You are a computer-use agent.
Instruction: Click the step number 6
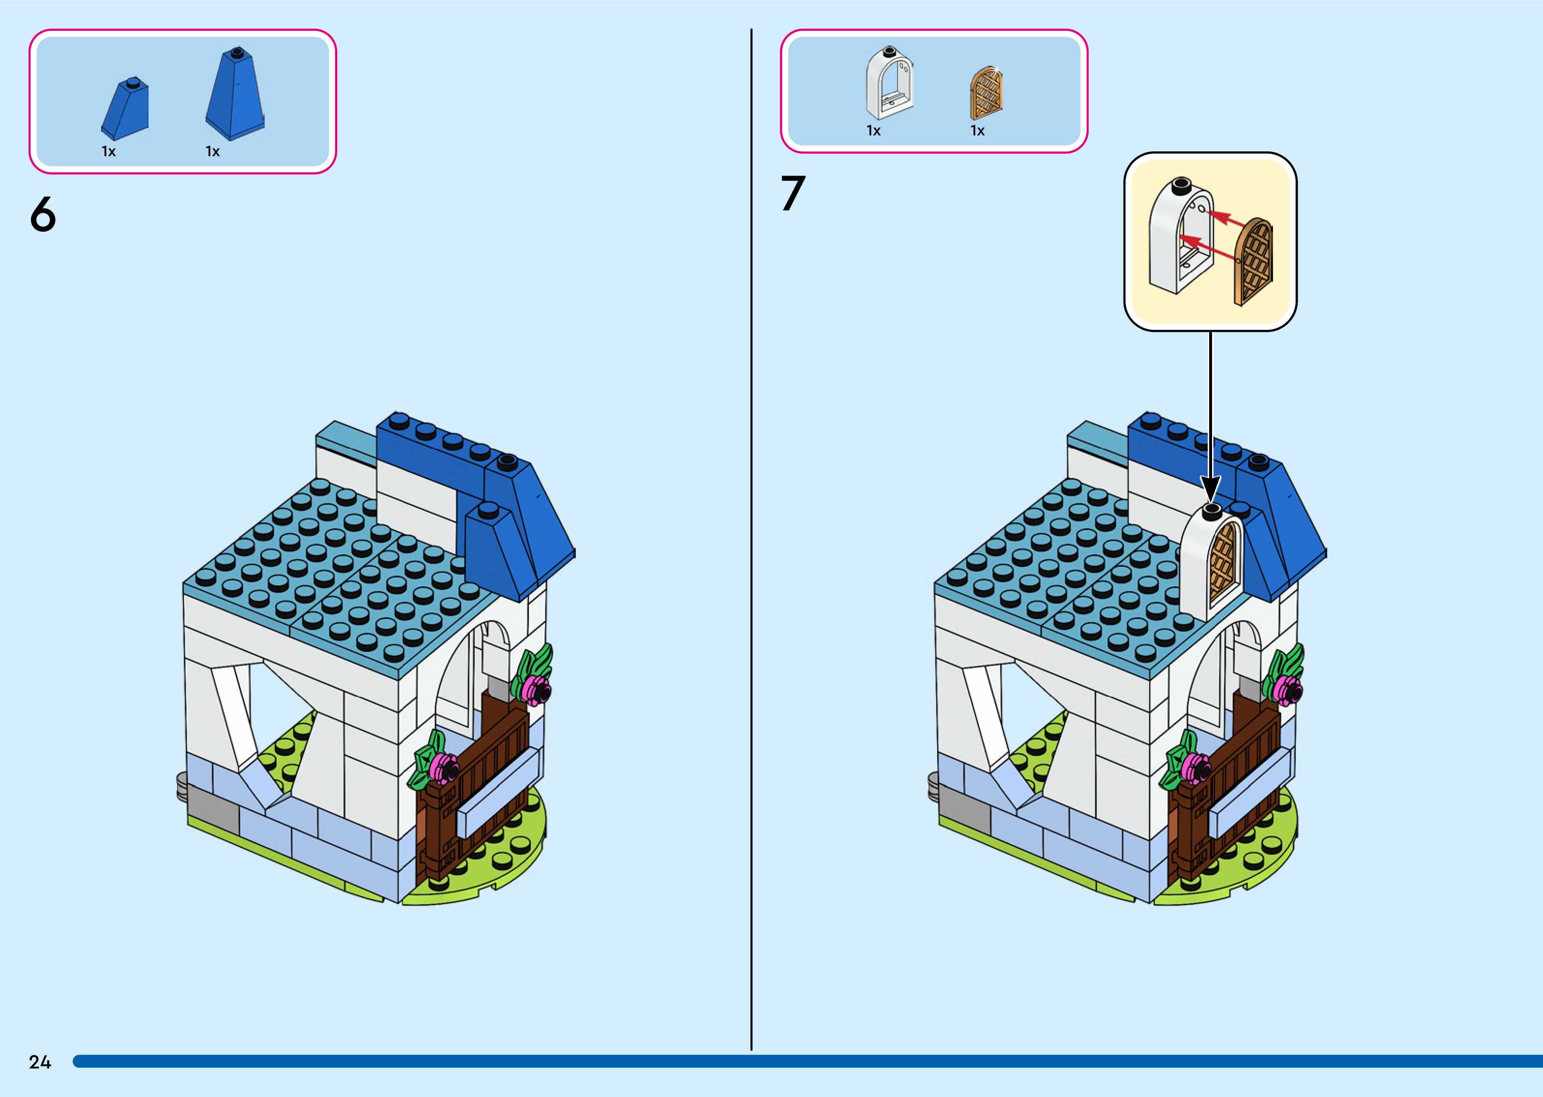[x=43, y=215]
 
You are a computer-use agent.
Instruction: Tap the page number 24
[x=40, y=1062]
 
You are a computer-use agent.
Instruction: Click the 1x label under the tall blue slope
[x=213, y=152]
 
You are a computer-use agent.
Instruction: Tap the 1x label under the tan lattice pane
[x=977, y=131]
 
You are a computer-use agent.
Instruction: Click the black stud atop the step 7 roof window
[x=1211, y=509]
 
